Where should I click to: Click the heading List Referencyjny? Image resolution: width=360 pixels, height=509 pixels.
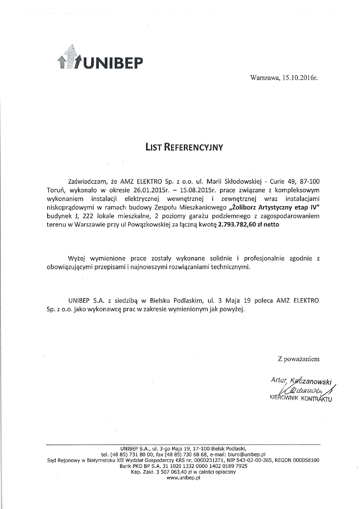coord(184,147)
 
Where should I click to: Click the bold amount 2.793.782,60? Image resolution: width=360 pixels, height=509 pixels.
coord(237,224)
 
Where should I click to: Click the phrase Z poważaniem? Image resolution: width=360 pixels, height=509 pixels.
coord(299,359)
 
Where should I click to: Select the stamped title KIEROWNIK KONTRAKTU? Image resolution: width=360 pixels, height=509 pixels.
coord(301,398)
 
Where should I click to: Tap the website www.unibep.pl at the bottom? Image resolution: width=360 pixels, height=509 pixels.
coord(183,477)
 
